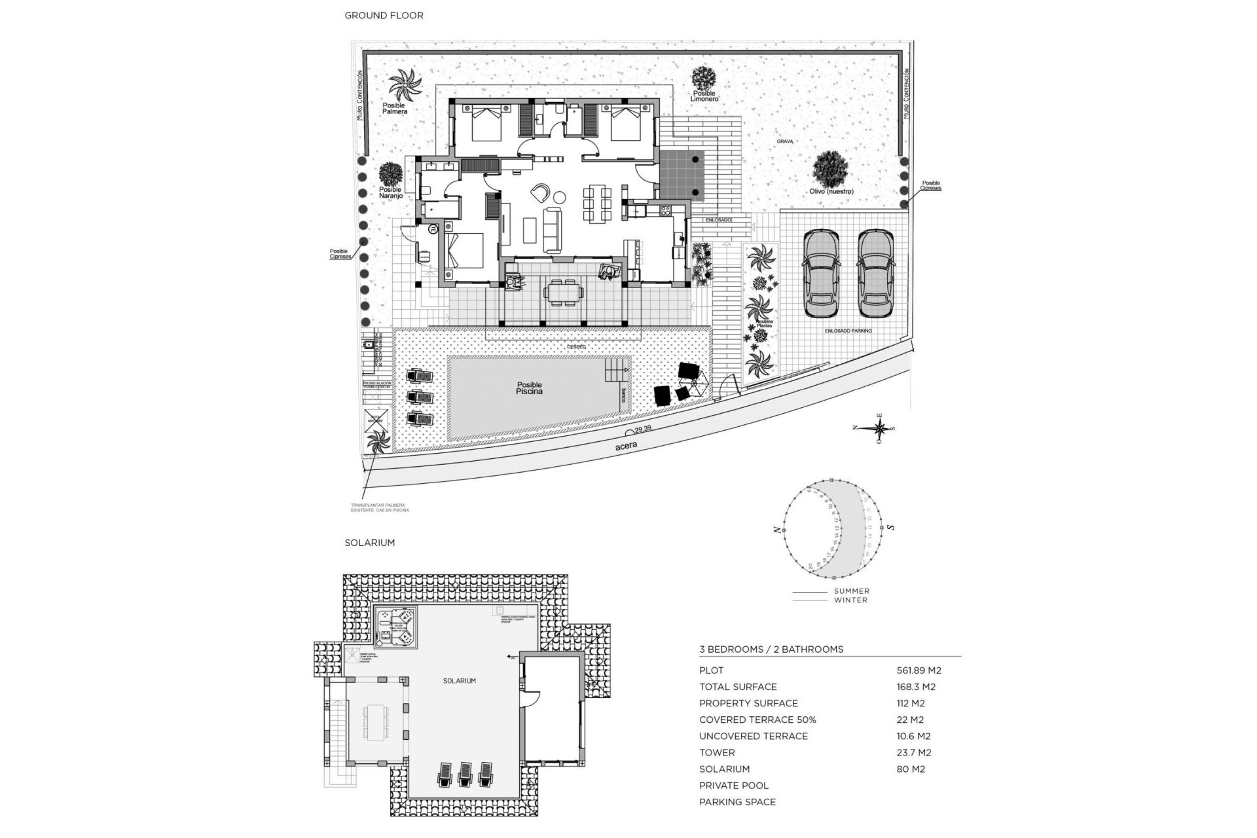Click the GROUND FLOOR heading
click(384, 15)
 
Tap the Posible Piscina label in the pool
click(529, 388)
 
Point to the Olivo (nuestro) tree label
click(831, 192)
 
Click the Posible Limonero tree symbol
click(704, 78)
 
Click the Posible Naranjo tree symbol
click(390, 173)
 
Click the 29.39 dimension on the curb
click(643, 428)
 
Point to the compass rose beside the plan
click(881, 428)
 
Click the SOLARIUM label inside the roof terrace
click(459, 681)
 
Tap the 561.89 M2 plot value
click(919, 670)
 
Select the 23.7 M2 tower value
click(913, 753)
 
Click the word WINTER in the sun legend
click(851, 600)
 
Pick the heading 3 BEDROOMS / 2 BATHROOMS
click(771, 649)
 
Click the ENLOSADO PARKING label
click(848, 331)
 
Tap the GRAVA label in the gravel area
click(785, 141)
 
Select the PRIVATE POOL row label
click(734, 786)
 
